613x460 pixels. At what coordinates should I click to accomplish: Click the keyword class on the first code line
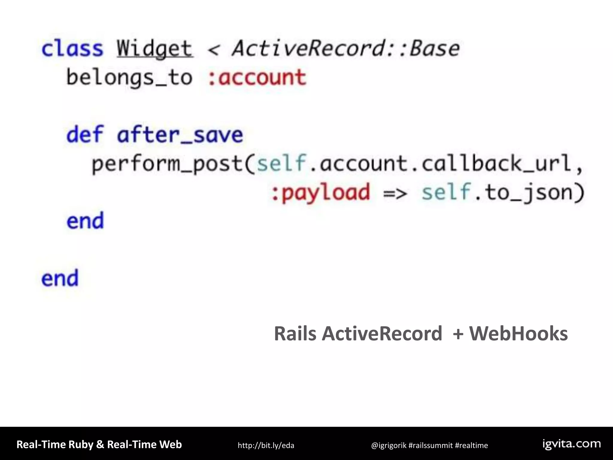72,49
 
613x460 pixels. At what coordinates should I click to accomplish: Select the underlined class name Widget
154,49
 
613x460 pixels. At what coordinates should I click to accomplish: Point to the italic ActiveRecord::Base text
346,49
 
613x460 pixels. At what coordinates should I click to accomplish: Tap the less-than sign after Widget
213,50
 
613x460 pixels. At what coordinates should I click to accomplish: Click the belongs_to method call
129,78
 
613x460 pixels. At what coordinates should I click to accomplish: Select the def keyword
85,135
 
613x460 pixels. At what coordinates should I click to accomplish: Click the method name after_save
180,135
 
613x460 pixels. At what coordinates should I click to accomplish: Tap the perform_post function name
167,164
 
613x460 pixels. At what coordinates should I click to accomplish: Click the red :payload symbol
320,192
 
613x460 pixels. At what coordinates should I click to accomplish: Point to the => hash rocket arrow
395,193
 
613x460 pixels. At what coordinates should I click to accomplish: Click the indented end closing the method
85,221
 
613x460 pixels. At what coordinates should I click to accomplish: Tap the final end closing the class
60,279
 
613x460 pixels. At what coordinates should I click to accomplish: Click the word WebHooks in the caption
518,333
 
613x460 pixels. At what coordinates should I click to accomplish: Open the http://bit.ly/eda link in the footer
266,445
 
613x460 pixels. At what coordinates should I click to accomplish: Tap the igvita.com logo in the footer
572,444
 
